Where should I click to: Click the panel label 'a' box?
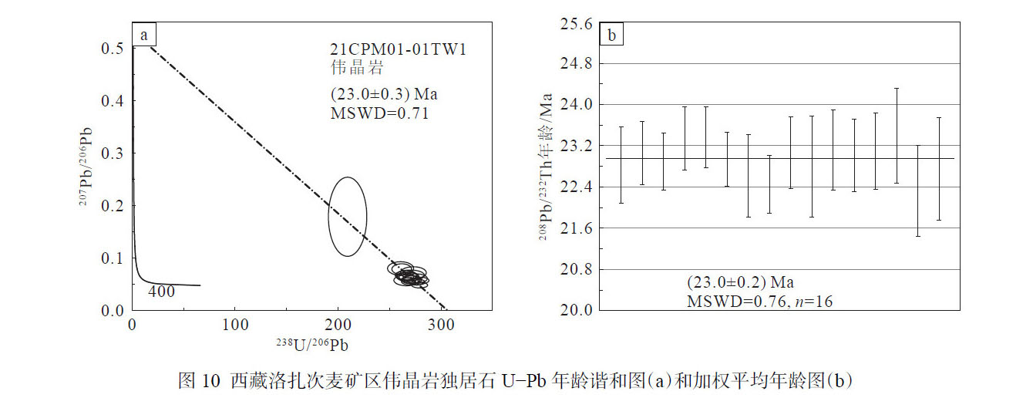(144, 35)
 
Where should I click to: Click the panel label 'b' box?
(611, 35)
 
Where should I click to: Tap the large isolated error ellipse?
(347, 217)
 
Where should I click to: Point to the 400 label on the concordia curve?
(161, 292)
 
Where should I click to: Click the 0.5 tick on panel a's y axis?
(111, 49)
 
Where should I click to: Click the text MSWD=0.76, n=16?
(759, 301)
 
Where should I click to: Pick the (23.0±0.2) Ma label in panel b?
(740, 282)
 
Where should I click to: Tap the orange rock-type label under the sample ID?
(352, 68)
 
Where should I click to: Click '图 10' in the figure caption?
(199, 380)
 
